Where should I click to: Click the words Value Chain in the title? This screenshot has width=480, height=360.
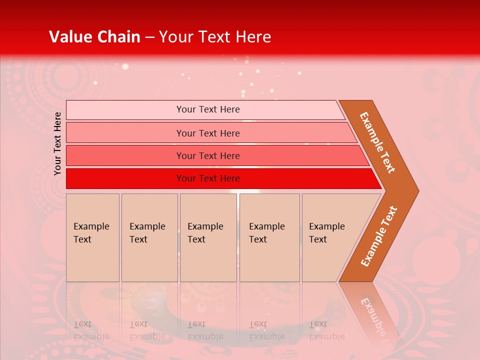[94, 37]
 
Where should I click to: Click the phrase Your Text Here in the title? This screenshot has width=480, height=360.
[215, 37]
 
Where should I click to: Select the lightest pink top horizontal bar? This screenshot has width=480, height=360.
[125, 110]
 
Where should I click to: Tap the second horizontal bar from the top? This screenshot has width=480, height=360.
[125, 133]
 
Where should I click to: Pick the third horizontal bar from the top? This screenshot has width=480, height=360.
[125, 155]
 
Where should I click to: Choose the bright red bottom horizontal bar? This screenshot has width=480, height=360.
[125, 178]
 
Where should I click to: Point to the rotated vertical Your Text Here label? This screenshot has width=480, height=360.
[58, 143]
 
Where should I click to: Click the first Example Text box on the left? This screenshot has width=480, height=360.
[92, 237]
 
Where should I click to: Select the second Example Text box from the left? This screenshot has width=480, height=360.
[149, 237]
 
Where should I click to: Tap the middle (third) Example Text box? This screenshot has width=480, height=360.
[208, 237]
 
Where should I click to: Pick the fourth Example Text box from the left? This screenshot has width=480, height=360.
[269, 237]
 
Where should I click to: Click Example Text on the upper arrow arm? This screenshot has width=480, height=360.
[377, 142]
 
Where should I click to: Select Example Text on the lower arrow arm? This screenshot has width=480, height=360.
[379, 236]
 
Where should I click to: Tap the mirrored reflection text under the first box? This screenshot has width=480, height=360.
[91, 330]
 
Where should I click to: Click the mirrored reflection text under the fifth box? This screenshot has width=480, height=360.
[327, 330]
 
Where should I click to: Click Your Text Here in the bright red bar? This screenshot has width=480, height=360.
[208, 178]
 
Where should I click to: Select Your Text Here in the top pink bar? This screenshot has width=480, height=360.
[208, 109]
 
